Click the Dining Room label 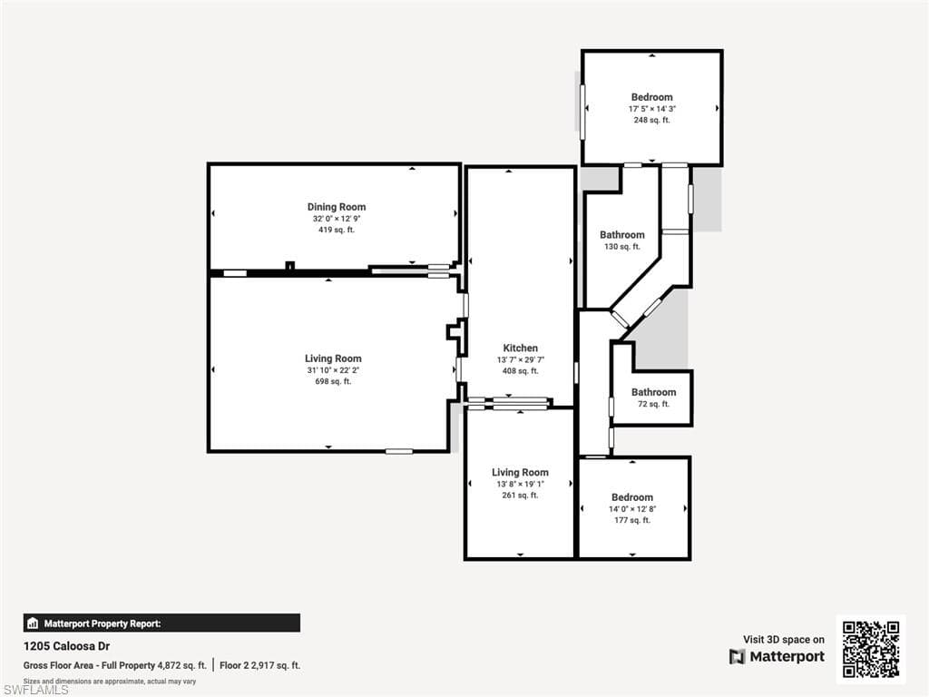click(x=337, y=207)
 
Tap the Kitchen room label click(x=521, y=348)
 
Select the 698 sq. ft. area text click(x=333, y=381)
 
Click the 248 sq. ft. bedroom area click(x=651, y=120)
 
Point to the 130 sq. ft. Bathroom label click(x=622, y=235)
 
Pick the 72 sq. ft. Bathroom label click(x=653, y=392)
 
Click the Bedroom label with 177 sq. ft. click(x=632, y=497)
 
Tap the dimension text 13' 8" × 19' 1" click(x=520, y=484)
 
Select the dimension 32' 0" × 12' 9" click(x=337, y=219)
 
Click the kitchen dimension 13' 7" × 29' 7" click(x=521, y=359)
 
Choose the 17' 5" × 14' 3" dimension click(x=651, y=109)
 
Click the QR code click(x=871, y=649)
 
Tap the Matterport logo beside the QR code click(x=777, y=656)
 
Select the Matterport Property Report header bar click(x=161, y=623)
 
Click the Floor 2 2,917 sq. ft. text click(x=259, y=665)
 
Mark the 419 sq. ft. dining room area click(x=337, y=230)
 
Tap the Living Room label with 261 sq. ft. click(x=520, y=472)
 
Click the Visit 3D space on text click(x=783, y=640)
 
